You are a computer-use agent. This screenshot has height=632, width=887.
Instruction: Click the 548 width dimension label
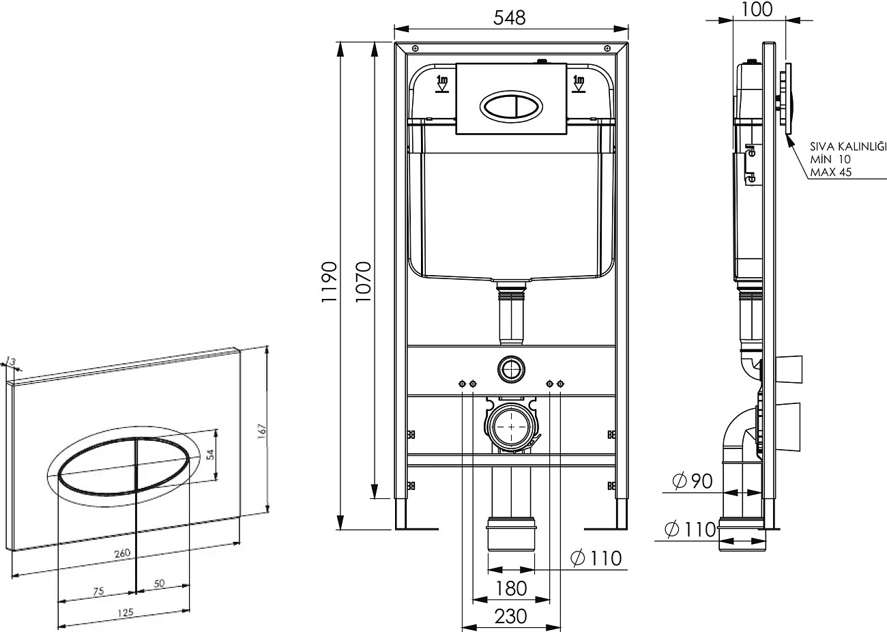[509, 18]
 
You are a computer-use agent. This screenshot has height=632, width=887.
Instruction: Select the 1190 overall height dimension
[329, 282]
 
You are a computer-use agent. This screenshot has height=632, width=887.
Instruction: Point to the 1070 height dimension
[363, 282]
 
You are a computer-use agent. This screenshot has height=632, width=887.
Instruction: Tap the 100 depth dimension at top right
[756, 10]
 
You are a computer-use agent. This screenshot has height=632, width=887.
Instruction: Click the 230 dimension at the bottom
[511, 616]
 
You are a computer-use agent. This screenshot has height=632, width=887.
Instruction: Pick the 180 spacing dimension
[511, 588]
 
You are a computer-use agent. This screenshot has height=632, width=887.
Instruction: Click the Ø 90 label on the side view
[693, 481]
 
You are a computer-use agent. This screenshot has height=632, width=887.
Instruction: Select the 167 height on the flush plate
[262, 431]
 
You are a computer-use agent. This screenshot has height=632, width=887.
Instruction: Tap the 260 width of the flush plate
[122, 554]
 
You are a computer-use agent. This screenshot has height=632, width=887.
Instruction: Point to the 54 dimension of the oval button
[211, 454]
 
